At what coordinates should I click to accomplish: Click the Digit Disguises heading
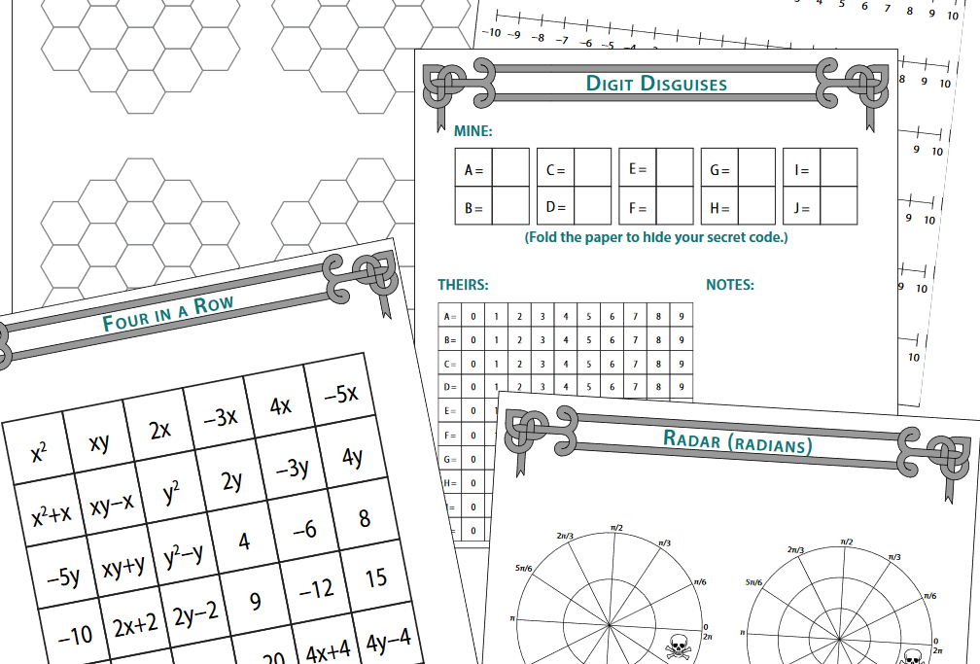pos(656,84)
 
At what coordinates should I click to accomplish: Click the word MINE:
pos(472,130)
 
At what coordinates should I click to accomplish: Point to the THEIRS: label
pos(463,285)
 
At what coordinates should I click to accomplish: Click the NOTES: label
pos(729,285)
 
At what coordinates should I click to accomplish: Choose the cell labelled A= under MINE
pos(473,170)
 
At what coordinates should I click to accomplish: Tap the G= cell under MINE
pos(719,170)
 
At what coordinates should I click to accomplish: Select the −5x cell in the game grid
pos(340,394)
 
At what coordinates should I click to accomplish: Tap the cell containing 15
pos(376,578)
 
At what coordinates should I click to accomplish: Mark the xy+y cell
pos(122,564)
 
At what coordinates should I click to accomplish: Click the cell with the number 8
pos(365,518)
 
